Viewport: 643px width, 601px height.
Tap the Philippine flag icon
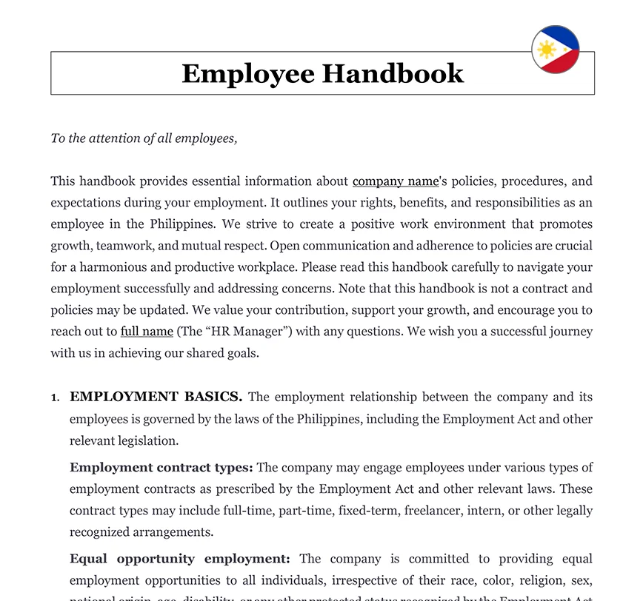[555, 50]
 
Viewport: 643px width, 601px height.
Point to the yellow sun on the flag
[547, 50]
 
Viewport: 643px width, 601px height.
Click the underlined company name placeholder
[396, 181]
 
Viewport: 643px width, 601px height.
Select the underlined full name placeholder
[147, 332]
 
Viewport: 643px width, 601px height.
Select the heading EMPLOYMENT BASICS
[156, 397]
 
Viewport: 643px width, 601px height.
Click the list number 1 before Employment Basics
[55, 398]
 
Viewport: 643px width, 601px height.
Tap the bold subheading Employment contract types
[161, 468]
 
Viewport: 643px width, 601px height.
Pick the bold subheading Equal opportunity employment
[179, 559]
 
